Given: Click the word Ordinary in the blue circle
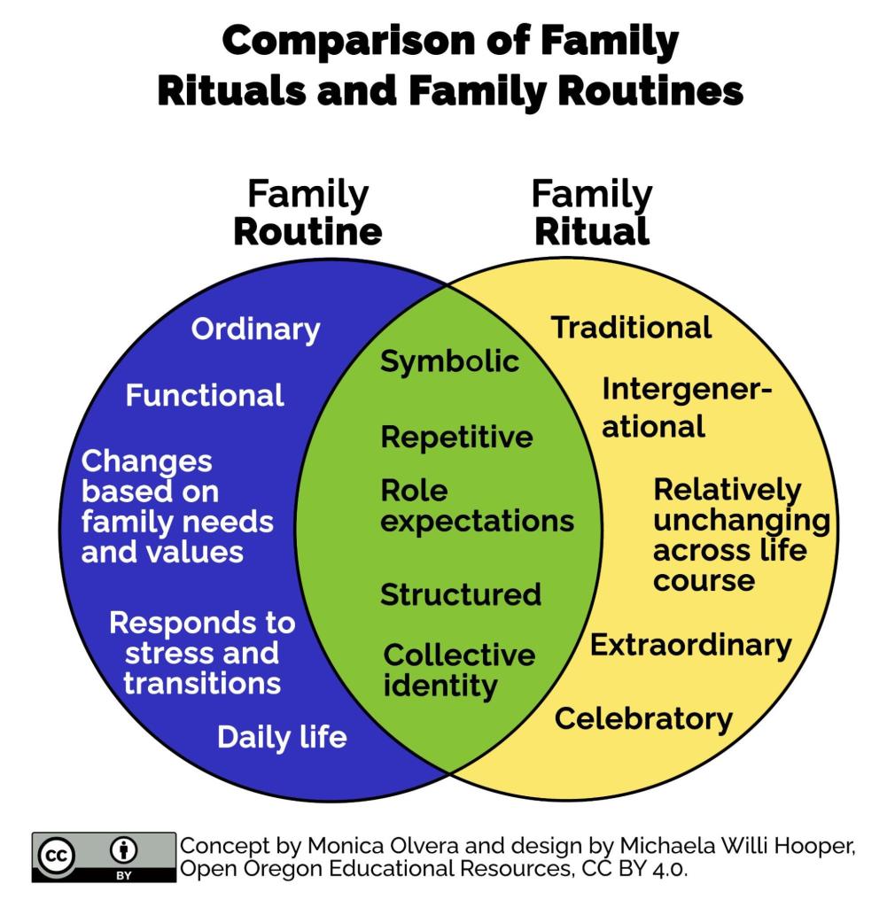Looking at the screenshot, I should click(255, 329).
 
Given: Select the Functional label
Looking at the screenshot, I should click(205, 395).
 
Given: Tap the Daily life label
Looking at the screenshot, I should click(282, 737).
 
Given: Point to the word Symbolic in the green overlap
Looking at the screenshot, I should click(449, 361).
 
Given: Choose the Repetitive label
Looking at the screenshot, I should click(456, 437).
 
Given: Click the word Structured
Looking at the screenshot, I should click(460, 594).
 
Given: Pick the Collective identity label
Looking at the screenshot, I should click(458, 671).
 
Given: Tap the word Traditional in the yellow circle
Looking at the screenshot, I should click(631, 328).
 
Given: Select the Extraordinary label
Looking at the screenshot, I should click(690, 645).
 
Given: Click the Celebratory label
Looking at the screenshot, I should click(643, 718).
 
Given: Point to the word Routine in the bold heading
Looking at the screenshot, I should click(307, 232).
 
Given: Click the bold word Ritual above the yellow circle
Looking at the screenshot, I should click(591, 232).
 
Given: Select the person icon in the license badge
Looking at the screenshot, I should click(123, 851).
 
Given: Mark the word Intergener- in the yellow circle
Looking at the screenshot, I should click(687, 390).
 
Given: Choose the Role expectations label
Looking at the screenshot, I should click(477, 506).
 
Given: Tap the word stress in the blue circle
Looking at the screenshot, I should click(167, 654).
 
